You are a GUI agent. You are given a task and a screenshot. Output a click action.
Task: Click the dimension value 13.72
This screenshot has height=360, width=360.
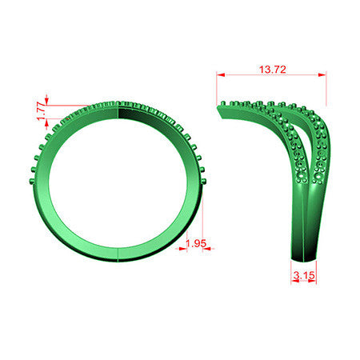point(272,70)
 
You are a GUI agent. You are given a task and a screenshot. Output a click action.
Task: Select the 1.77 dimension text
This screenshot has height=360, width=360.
point(42,111)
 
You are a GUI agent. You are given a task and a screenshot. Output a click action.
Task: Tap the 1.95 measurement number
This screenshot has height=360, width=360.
point(196,243)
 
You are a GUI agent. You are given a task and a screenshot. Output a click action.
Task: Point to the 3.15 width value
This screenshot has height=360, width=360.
point(304,275)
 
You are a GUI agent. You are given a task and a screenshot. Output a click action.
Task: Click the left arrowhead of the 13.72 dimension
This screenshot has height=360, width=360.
point(221,75)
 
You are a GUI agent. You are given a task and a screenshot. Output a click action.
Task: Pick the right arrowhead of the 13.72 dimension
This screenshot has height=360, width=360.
point(322,75)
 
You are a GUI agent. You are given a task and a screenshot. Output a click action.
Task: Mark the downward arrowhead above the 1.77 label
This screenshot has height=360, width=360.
point(47,102)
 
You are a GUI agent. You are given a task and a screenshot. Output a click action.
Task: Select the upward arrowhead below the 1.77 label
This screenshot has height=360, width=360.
point(47,122)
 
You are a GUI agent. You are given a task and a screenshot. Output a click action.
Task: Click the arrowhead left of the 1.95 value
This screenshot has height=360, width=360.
point(183,249)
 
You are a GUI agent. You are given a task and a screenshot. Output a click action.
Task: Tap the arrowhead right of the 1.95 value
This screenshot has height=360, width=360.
point(206,249)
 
